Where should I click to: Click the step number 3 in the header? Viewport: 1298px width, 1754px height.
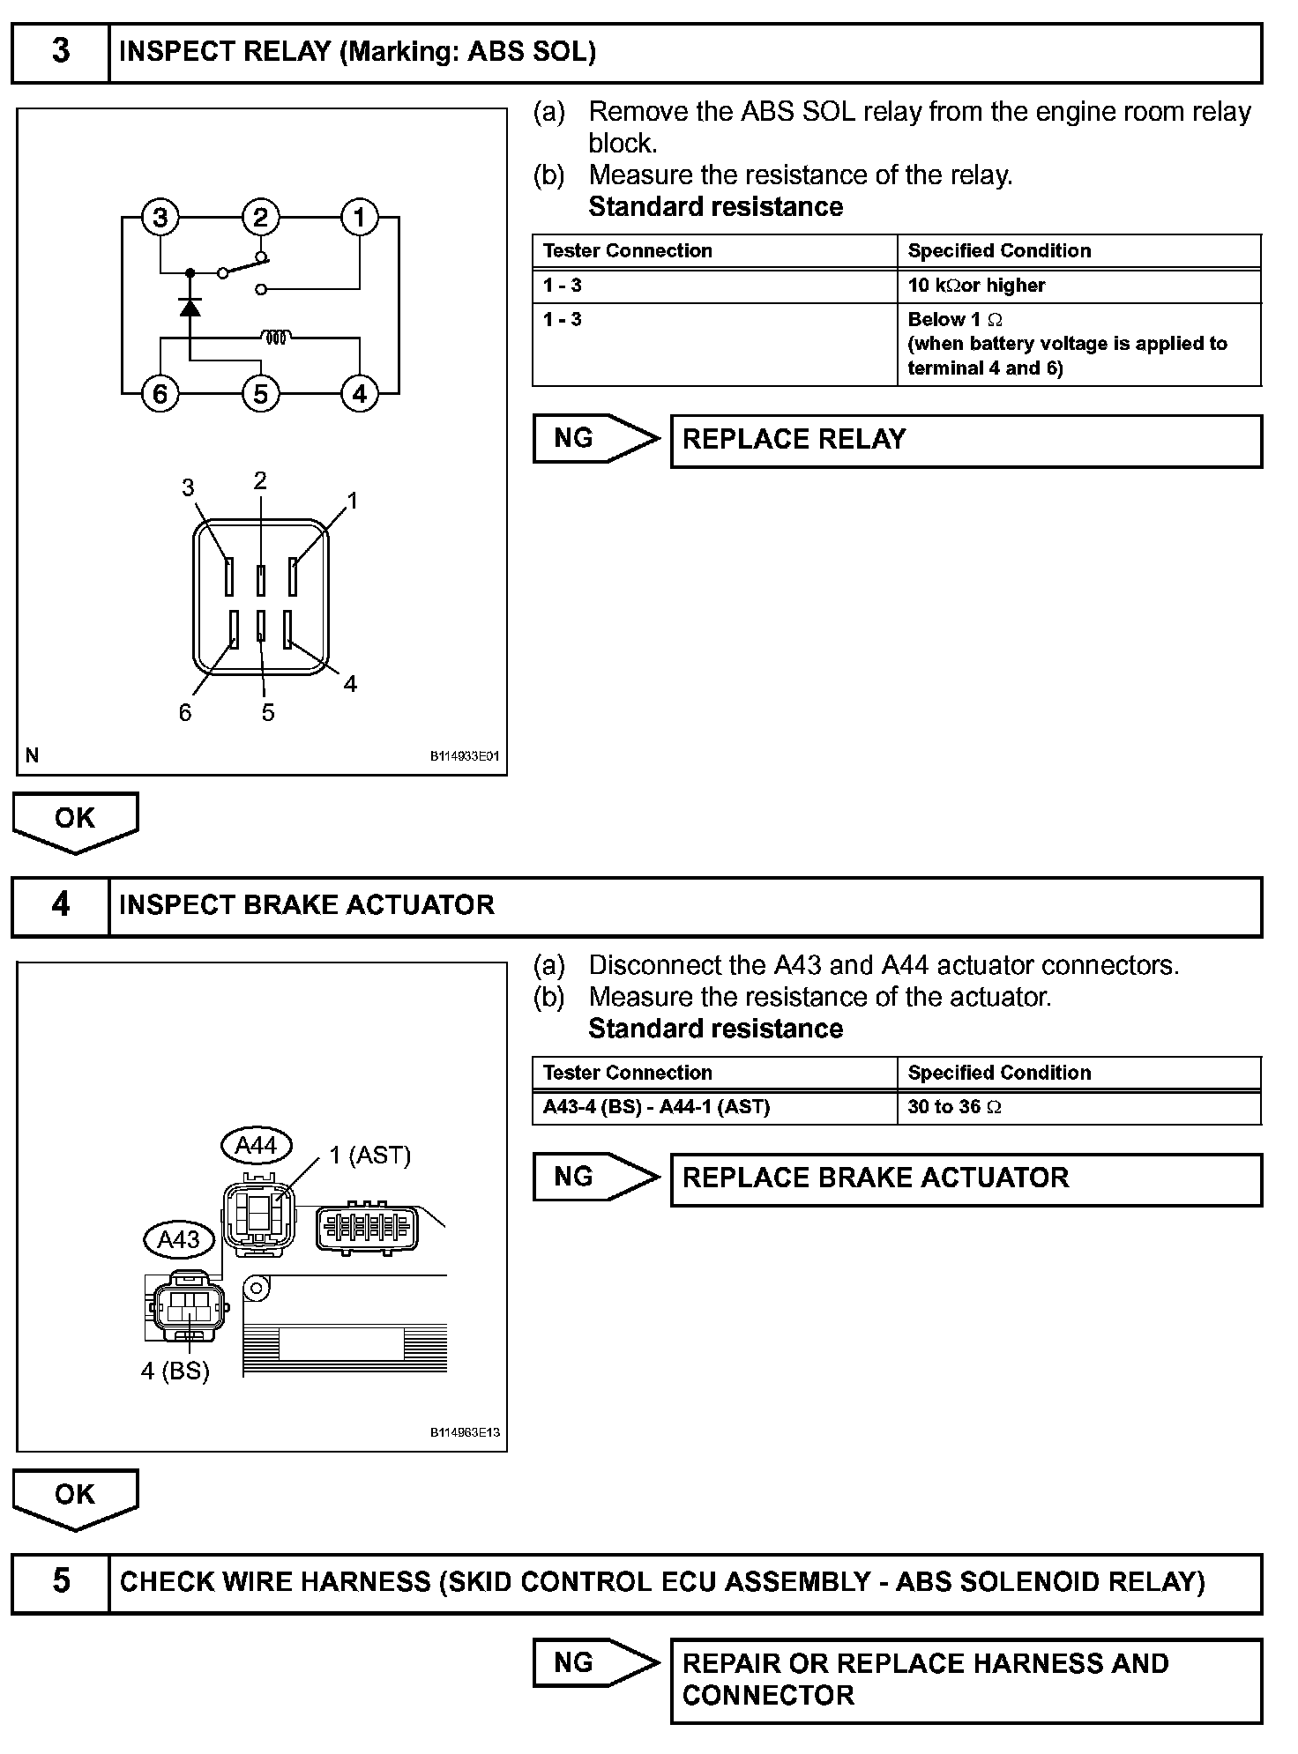pos(60,51)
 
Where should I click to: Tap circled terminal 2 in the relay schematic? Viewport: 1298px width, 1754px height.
pos(260,218)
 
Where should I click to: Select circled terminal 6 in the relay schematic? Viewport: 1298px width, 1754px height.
pos(160,393)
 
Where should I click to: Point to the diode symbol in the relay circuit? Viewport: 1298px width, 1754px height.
pos(190,307)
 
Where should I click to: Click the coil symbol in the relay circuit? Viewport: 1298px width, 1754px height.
pos(275,337)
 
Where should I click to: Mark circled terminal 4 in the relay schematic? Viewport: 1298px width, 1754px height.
pos(360,393)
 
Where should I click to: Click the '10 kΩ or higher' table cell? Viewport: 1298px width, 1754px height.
pos(1078,286)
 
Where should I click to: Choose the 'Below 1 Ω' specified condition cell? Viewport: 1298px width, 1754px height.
pos(1078,344)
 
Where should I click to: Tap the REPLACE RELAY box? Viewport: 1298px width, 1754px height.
pos(966,440)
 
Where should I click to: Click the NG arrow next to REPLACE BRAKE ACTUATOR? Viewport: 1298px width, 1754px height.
pos(595,1178)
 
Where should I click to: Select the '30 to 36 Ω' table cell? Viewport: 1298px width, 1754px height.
pos(1078,1107)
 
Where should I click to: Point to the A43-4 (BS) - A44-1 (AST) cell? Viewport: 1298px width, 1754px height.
pos(714,1107)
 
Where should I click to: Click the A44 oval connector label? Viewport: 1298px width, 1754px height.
pos(256,1145)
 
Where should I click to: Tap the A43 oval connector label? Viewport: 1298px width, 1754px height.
pos(178,1239)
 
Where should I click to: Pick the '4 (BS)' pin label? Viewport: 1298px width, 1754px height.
pos(175,1371)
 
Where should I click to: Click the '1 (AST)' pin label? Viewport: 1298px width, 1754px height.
pos(370,1155)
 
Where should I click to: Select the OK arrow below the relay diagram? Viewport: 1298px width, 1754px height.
pos(75,821)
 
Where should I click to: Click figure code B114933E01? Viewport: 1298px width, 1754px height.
pos(465,756)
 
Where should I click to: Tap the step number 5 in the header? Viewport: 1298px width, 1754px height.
pos(60,1580)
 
